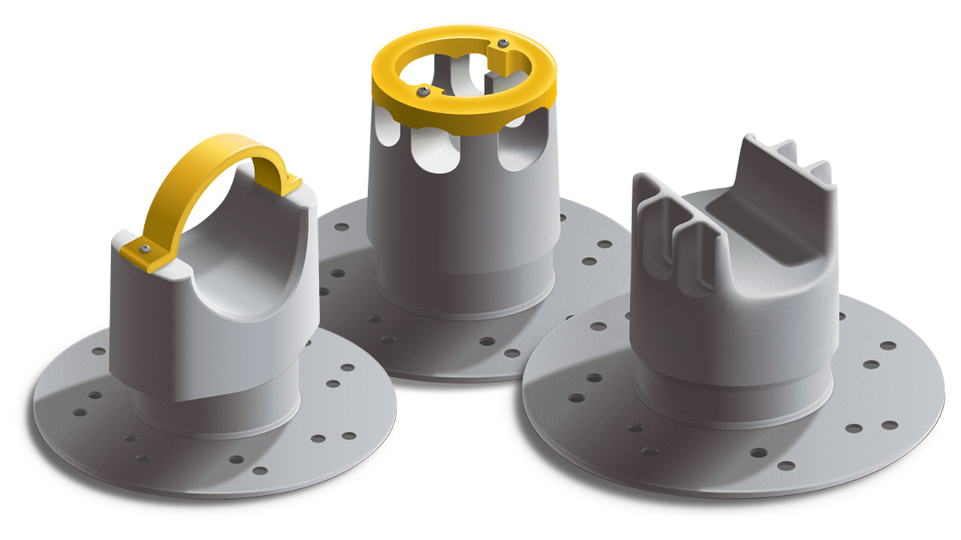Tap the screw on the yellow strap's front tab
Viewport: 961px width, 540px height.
pyautogui.click(x=146, y=249)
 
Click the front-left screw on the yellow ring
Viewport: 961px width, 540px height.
pyautogui.click(x=423, y=91)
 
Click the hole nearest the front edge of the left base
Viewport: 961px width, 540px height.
pyautogui.click(x=260, y=471)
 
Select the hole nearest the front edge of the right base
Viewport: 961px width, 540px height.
pyautogui.click(x=786, y=466)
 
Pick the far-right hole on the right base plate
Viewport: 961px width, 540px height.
pyautogui.click(x=889, y=346)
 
